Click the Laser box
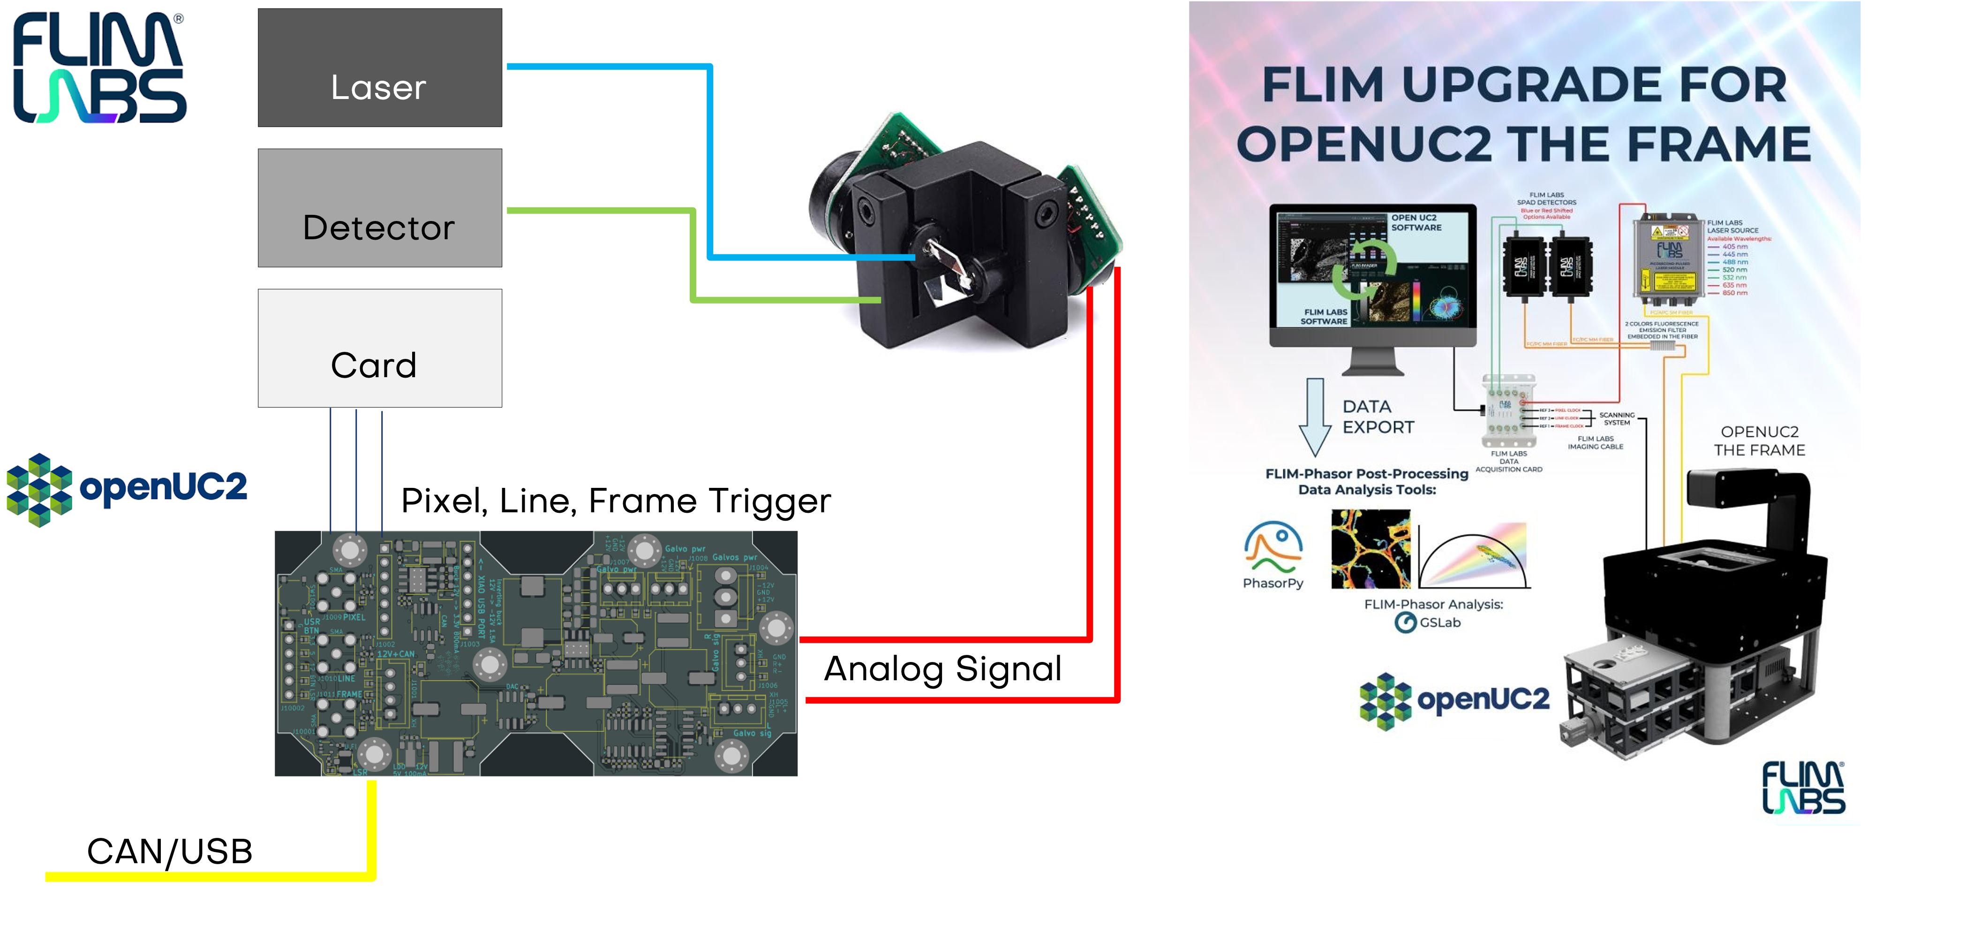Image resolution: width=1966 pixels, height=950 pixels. tap(379, 68)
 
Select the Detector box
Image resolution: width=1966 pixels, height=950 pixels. tap(379, 208)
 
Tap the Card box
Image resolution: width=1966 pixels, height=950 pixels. tap(379, 348)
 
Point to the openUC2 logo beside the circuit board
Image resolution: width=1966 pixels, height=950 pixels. tap(126, 489)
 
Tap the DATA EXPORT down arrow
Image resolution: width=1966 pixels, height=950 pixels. tap(1314, 416)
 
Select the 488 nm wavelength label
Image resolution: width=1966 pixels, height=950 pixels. tap(1735, 262)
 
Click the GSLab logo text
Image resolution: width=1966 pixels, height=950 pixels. tap(1429, 623)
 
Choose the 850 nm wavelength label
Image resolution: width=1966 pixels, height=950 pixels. tap(1735, 292)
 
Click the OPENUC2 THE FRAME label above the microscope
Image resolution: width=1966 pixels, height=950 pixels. tap(1759, 441)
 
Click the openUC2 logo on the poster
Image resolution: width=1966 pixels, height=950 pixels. tap(1454, 700)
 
